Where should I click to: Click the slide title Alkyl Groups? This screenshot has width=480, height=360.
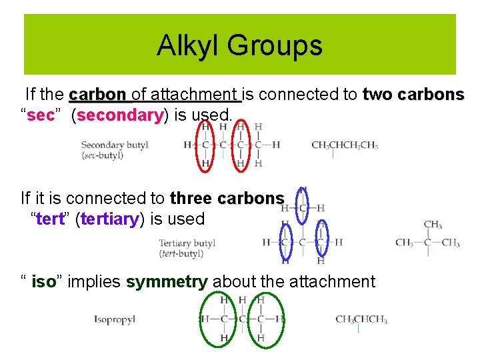point(239,45)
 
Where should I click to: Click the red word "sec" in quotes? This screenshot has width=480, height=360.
point(40,115)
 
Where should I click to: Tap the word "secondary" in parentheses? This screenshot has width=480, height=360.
point(121,115)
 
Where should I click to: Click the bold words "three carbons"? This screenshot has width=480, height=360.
point(227,199)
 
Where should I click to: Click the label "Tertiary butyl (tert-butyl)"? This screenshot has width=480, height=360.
point(187,247)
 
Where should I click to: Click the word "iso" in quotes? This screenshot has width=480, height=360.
point(43,282)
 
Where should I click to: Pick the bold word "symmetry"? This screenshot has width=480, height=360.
point(167,282)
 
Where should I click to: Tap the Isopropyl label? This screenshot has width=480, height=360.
point(115,319)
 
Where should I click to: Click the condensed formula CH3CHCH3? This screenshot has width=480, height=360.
point(361,319)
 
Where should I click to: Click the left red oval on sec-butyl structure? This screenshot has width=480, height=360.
point(206,144)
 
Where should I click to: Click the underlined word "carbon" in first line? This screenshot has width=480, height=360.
point(97,95)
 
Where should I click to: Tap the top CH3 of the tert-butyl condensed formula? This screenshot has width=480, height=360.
point(433,225)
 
